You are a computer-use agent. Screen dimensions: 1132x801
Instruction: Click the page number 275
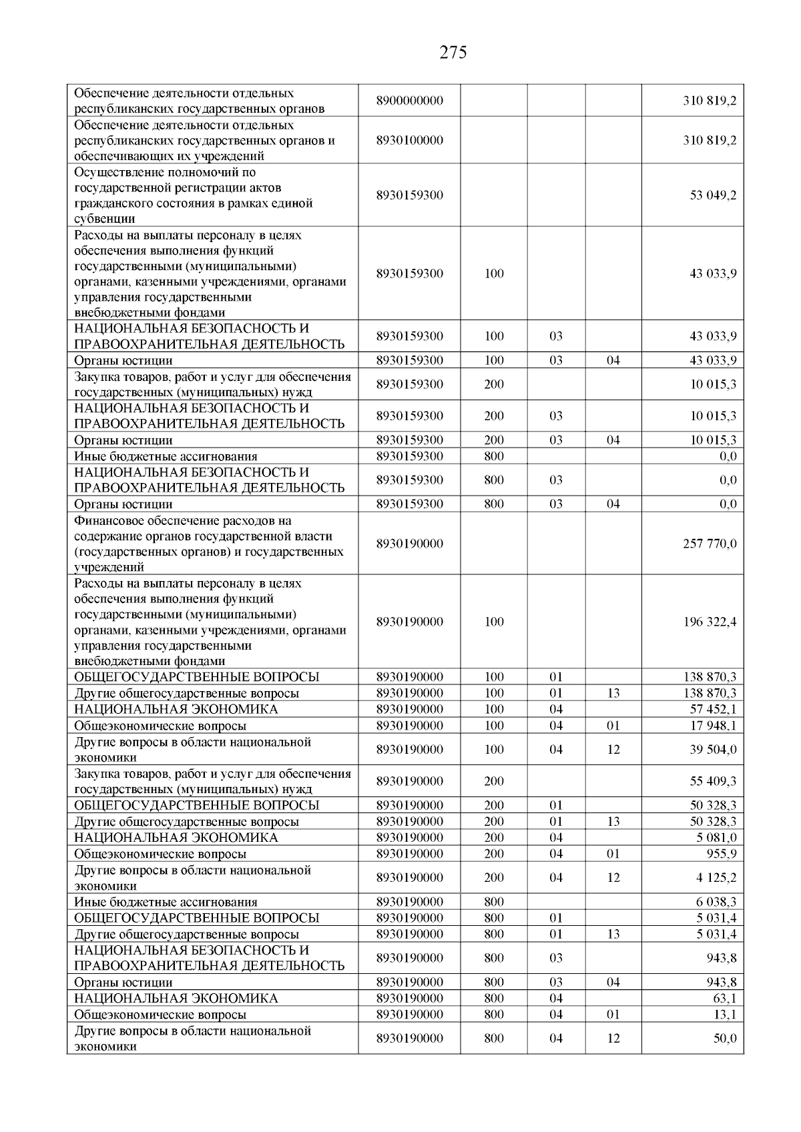453,53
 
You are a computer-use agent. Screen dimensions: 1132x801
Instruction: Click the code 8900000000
409,101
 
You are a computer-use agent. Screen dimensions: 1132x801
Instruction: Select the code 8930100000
409,141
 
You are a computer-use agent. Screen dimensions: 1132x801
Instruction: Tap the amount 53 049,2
713,195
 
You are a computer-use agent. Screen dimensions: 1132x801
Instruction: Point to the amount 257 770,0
710,544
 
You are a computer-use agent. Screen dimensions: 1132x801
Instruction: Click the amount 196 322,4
710,622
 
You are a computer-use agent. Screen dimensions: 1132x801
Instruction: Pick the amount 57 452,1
713,709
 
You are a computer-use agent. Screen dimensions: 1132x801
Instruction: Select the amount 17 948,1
713,726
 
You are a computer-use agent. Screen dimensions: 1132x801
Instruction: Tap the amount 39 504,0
713,750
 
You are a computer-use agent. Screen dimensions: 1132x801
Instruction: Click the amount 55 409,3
713,781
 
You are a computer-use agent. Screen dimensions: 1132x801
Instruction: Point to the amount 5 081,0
716,838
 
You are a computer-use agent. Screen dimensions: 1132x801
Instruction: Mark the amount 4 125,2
716,878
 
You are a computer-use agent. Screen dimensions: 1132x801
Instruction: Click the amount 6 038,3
716,902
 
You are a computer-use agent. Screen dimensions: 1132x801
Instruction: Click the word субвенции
105,219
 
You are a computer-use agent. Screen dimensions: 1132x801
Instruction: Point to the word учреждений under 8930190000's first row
109,568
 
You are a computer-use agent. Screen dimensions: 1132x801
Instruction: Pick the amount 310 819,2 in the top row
710,101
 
